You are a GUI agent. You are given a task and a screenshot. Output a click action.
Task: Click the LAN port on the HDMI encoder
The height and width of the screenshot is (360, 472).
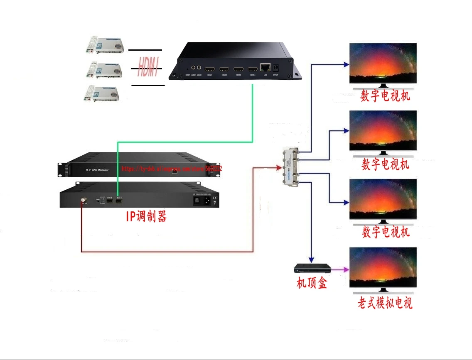264,68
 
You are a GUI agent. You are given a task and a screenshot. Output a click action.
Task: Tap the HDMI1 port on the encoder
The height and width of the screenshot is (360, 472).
209,69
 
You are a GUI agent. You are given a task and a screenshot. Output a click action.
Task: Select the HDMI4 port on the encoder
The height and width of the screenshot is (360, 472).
252,69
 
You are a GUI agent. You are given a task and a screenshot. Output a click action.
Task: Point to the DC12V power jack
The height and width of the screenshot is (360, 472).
275,68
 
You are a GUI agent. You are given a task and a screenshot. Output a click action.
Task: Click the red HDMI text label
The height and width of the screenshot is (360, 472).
148,68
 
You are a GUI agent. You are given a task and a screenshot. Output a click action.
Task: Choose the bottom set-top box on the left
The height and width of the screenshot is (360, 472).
102,93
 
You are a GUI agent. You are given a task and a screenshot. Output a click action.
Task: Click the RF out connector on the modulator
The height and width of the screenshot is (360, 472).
84,200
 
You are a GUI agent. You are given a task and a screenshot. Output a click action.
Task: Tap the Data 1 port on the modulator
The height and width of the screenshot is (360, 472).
119,201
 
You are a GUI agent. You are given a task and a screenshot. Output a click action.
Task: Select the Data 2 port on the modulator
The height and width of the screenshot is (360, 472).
110,201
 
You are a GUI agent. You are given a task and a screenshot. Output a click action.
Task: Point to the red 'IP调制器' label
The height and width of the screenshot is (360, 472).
146,216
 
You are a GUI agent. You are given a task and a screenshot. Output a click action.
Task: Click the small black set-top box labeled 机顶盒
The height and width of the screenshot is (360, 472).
312,268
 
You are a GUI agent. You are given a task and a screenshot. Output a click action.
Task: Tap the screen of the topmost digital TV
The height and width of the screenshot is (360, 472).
383,62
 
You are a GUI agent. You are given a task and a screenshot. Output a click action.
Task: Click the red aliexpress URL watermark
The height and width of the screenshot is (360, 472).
172,169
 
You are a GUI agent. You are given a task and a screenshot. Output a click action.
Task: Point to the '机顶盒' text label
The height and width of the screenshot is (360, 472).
312,284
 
